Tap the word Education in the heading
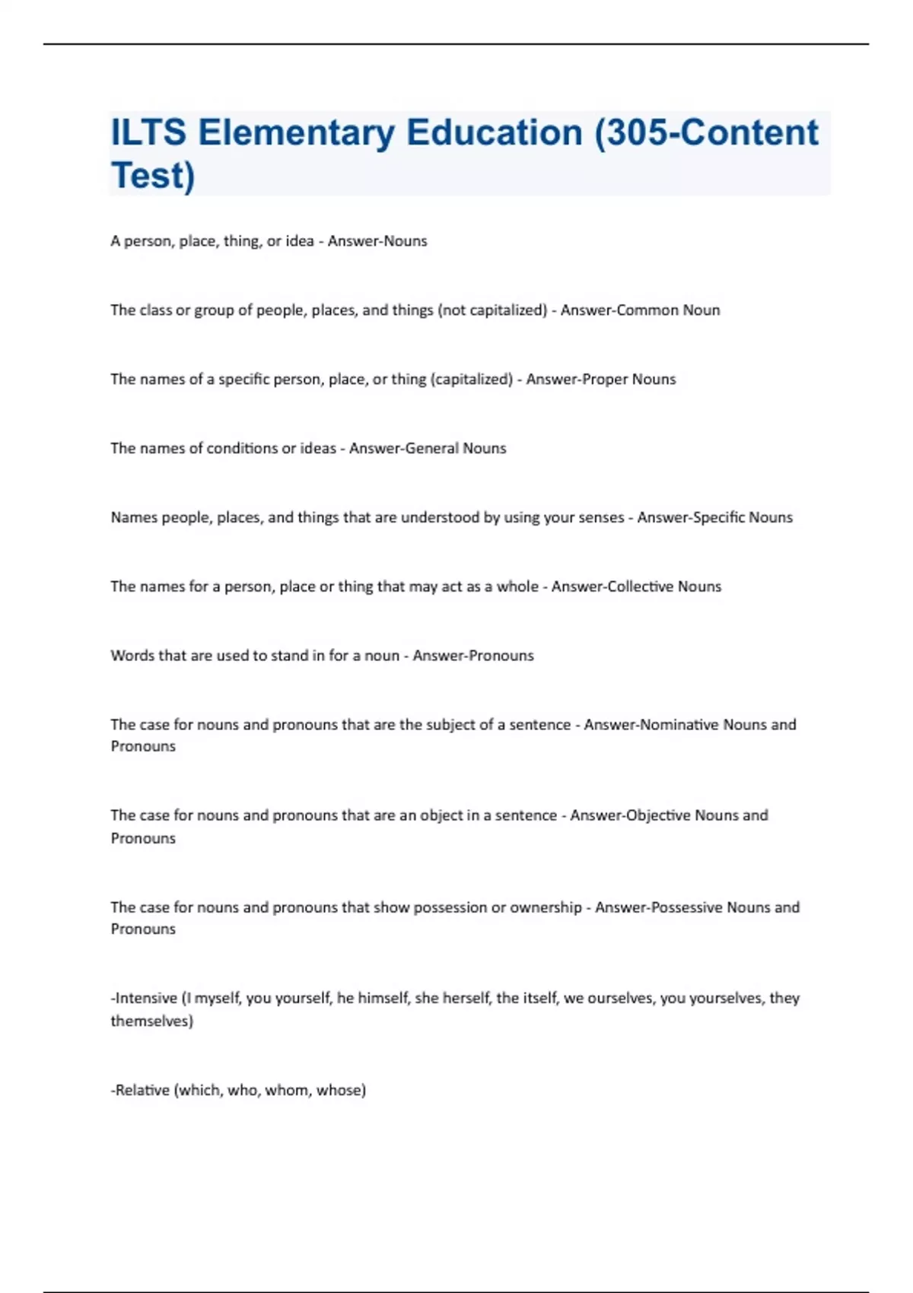click(494, 133)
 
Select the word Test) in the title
click(153, 176)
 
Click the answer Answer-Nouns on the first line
click(377, 241)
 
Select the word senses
click(596, 518)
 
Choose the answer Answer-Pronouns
click(473, 656)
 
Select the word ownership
click(546, 907)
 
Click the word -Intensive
click(144, 998)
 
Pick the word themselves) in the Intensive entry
click(152, 1021)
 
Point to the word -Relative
click(140, 1090)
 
